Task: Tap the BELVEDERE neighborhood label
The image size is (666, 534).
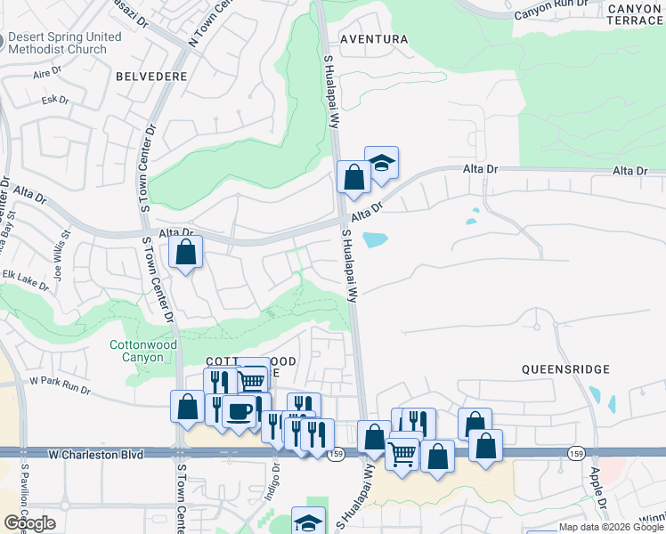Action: tap(151, 77)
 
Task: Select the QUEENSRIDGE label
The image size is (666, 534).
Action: tap(565, 368)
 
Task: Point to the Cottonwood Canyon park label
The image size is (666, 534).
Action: tap(136, 351)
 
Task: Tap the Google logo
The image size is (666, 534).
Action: tap(29, 523)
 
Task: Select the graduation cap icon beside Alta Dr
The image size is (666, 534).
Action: tap(381, 164)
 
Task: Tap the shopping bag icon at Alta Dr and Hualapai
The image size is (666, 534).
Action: tap(353, 177)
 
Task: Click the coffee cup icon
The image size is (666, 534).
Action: tap(239, 411)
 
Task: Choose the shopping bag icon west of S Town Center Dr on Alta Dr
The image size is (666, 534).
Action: tap(186, 252)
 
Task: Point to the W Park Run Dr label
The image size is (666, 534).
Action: tap(61, 384)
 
